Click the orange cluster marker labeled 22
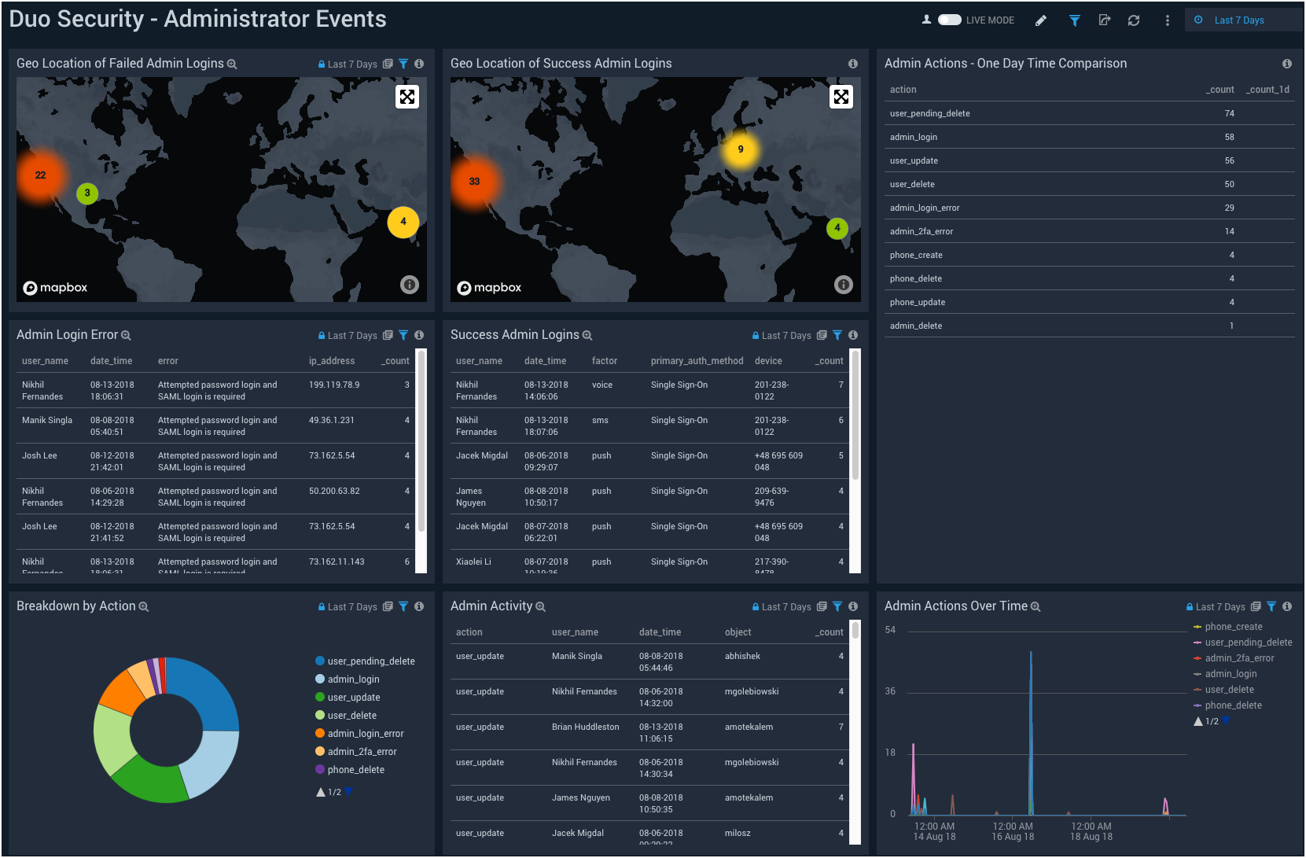click(41, 175)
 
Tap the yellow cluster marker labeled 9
click(740, 149)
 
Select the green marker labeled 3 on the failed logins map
click(87, 193)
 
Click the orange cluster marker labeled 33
click(474, 182)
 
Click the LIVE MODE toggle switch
click(949, 20)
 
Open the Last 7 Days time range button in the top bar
click(1238, 20)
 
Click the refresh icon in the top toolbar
click(1134, 20)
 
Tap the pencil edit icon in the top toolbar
click(1041, 20)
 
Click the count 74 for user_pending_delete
click(1229, 113)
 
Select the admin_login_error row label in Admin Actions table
click(925, 208)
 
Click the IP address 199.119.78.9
click(334, 385)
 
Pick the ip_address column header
click(332, 361)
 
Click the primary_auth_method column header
click(697, 361)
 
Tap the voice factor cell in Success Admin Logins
click(602, 385)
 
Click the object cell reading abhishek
click(742, 656)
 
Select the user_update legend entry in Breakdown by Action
click(354, 698)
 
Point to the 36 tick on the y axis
click(890, 691)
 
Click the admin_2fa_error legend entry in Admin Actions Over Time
click(1239, 658)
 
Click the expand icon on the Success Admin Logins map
click(841, 97)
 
